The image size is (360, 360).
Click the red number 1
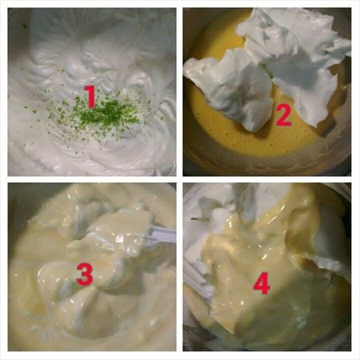90,97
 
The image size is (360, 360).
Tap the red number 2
283,115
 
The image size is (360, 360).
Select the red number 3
85,274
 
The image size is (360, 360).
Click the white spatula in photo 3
160,234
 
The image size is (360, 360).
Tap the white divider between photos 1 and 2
179,92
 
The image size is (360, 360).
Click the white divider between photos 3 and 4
179,266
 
